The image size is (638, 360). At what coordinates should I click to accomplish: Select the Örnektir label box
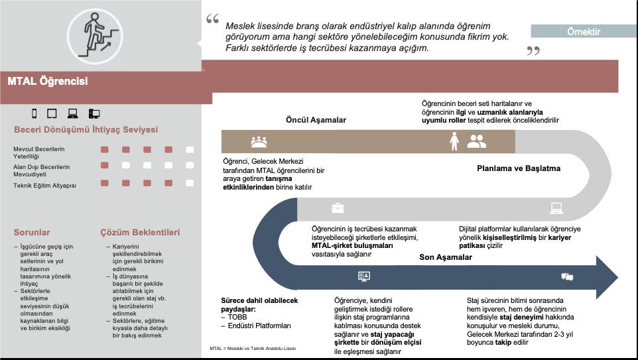pyautogui.click(x=584, y=31)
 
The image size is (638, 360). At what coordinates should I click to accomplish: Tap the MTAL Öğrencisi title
pyautogui.click(x=48, y=82)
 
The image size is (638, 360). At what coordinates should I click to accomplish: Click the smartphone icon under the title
pyautogui.click(x=34, y=113)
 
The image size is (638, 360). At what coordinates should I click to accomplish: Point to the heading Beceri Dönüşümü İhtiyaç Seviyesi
pyautogui.click(x=86, y=129)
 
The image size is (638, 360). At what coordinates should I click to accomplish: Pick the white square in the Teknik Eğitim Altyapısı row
pyautogui.click(x=190, y=183)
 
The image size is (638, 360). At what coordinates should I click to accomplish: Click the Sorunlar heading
pyautogui.click(x=32, y=233)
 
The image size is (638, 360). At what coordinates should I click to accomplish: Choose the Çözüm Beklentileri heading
pyautogui.click(x=139, y=233)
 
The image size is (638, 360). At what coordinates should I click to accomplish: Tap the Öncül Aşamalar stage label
pyautogui.click(x=316, y=120)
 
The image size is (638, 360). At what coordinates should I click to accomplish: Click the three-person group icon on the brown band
pyautogui.click(x=259, y=141)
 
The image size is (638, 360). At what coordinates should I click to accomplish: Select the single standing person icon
pyautogui.click(x=454, y=141)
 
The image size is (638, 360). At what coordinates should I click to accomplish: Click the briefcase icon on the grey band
pyautogui.click(x=338, y=208)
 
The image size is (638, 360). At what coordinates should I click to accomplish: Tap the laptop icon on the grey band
pyautogui.click(x=556, y=208)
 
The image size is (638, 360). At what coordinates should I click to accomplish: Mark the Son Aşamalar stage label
pyautogui.click(x=446, y=257)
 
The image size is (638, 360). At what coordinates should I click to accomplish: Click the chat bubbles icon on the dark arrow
pyautogui.click(x=567, y=276)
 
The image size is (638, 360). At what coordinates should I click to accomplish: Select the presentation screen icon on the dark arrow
pyautogui.click(x=363, y=276)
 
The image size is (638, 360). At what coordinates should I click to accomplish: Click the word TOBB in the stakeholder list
pyautogui.click(x=237, y=317)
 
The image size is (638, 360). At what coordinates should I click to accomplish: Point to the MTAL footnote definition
pyautogui.click(x=253, y=348)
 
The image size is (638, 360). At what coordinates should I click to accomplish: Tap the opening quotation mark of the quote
pyautogui.click(x=212, y=19)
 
